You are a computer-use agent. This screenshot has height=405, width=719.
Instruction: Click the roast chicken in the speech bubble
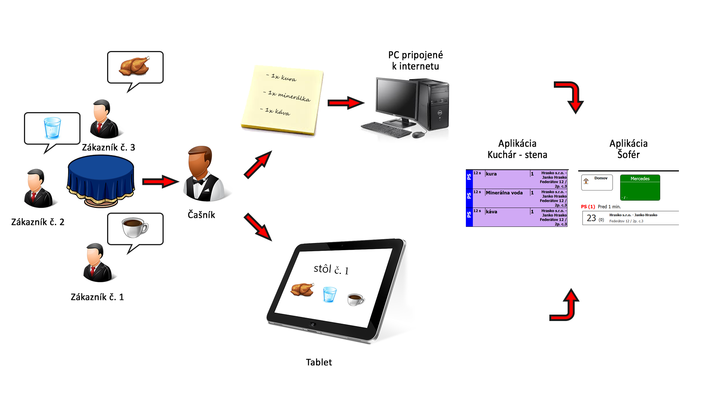click(x=135, y=66)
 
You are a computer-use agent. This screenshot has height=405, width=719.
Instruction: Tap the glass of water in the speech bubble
click(x=52, y=128)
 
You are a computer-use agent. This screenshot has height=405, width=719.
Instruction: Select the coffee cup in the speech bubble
click(x=135, y=227)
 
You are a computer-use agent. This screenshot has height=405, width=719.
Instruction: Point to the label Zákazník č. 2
click(x=37, y=222)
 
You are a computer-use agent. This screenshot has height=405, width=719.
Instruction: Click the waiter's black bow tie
click(x=198, y=182)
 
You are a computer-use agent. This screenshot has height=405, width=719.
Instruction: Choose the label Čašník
click(x=201, y=215)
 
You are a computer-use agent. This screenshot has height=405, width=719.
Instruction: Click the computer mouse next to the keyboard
click(x=418, y=134)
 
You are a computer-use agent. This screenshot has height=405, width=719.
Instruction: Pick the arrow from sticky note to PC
click(x=345, y=103)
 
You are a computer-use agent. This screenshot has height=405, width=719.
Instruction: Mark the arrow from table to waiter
click(x=160, y=182)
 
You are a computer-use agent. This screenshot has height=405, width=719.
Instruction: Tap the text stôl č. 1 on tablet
click(x=331, y=269)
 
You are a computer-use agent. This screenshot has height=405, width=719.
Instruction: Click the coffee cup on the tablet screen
click(x=355, y=299)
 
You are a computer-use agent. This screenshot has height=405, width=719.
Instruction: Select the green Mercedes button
click(x=640, y=187)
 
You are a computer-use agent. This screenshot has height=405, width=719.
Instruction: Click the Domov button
click(x=597, y=182)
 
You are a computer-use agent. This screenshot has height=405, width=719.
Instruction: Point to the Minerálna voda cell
click(x=504, y=193)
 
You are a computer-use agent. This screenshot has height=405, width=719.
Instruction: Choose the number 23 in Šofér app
click(x=591, y=218)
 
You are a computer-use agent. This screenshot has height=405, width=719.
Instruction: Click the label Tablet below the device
click(x=319, y=362)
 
